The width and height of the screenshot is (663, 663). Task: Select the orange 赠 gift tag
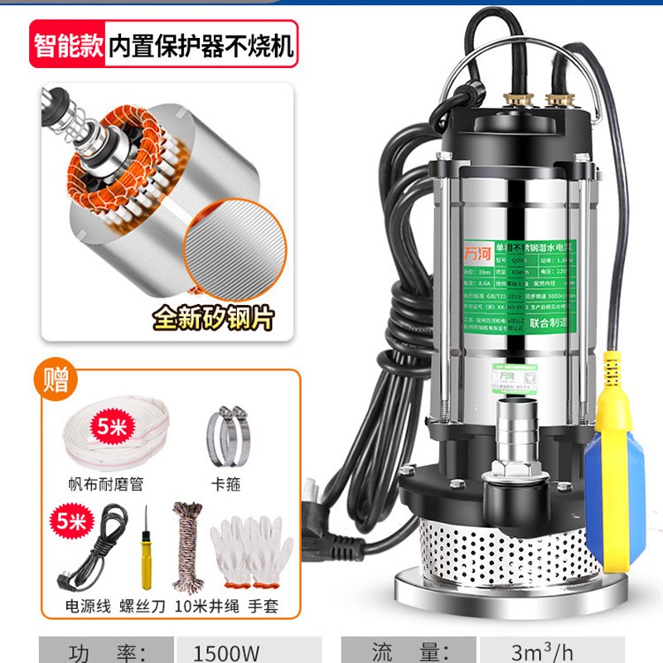[60, 380]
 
